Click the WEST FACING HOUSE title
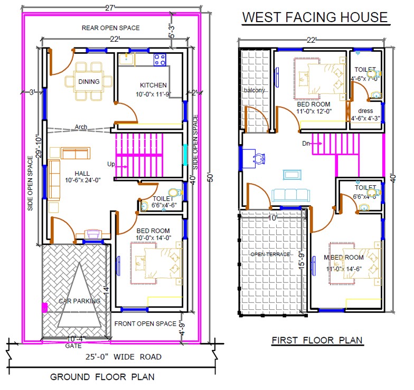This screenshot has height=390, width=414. pos(315,17)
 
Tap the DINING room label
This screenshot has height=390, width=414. pos(89,82)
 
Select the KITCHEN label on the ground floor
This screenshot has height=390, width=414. pos(153,85)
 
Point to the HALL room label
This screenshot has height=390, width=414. pos(82,173)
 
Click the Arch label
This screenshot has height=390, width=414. pos(81,127)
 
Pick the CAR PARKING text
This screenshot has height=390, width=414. pos(79,301)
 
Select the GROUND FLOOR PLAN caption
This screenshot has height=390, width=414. pos(102,377)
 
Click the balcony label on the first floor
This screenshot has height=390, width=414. pos(254,90)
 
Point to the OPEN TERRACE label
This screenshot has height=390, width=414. pos(270,254)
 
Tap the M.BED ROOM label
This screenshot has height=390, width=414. pos(344,258)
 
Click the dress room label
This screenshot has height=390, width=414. pos(365,111)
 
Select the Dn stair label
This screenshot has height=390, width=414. pos(306,143)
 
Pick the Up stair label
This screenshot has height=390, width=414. pos(111,164)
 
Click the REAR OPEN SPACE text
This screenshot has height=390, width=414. pos(111,27)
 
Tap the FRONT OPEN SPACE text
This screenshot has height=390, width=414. pos(145,324)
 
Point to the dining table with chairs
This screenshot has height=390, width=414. pos(89,82)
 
